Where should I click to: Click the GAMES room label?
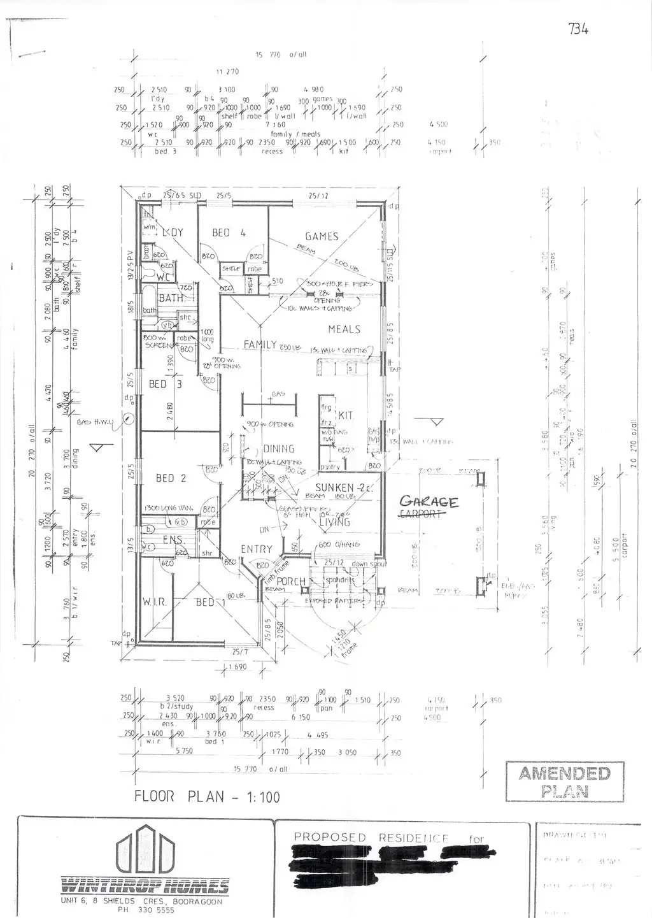click(x=322, y=236)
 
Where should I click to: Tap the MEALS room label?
click(x=344, y=329)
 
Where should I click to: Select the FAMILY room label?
click(x=260, y=345)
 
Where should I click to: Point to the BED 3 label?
click(x=166, y=384)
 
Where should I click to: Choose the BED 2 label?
click(x=171, y=478)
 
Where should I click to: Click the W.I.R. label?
click(x=155, y=601)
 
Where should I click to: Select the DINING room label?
click(x=278, y=448)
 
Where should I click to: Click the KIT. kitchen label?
click(x=346, y=415)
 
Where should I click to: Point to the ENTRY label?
click(x=256, y=549)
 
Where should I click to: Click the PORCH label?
click(x=291, y=582)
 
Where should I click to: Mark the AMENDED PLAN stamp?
click(x=564, y=782)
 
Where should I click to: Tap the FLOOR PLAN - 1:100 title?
click(x=206, y=797)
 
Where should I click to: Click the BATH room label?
click(x=171, y=298)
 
